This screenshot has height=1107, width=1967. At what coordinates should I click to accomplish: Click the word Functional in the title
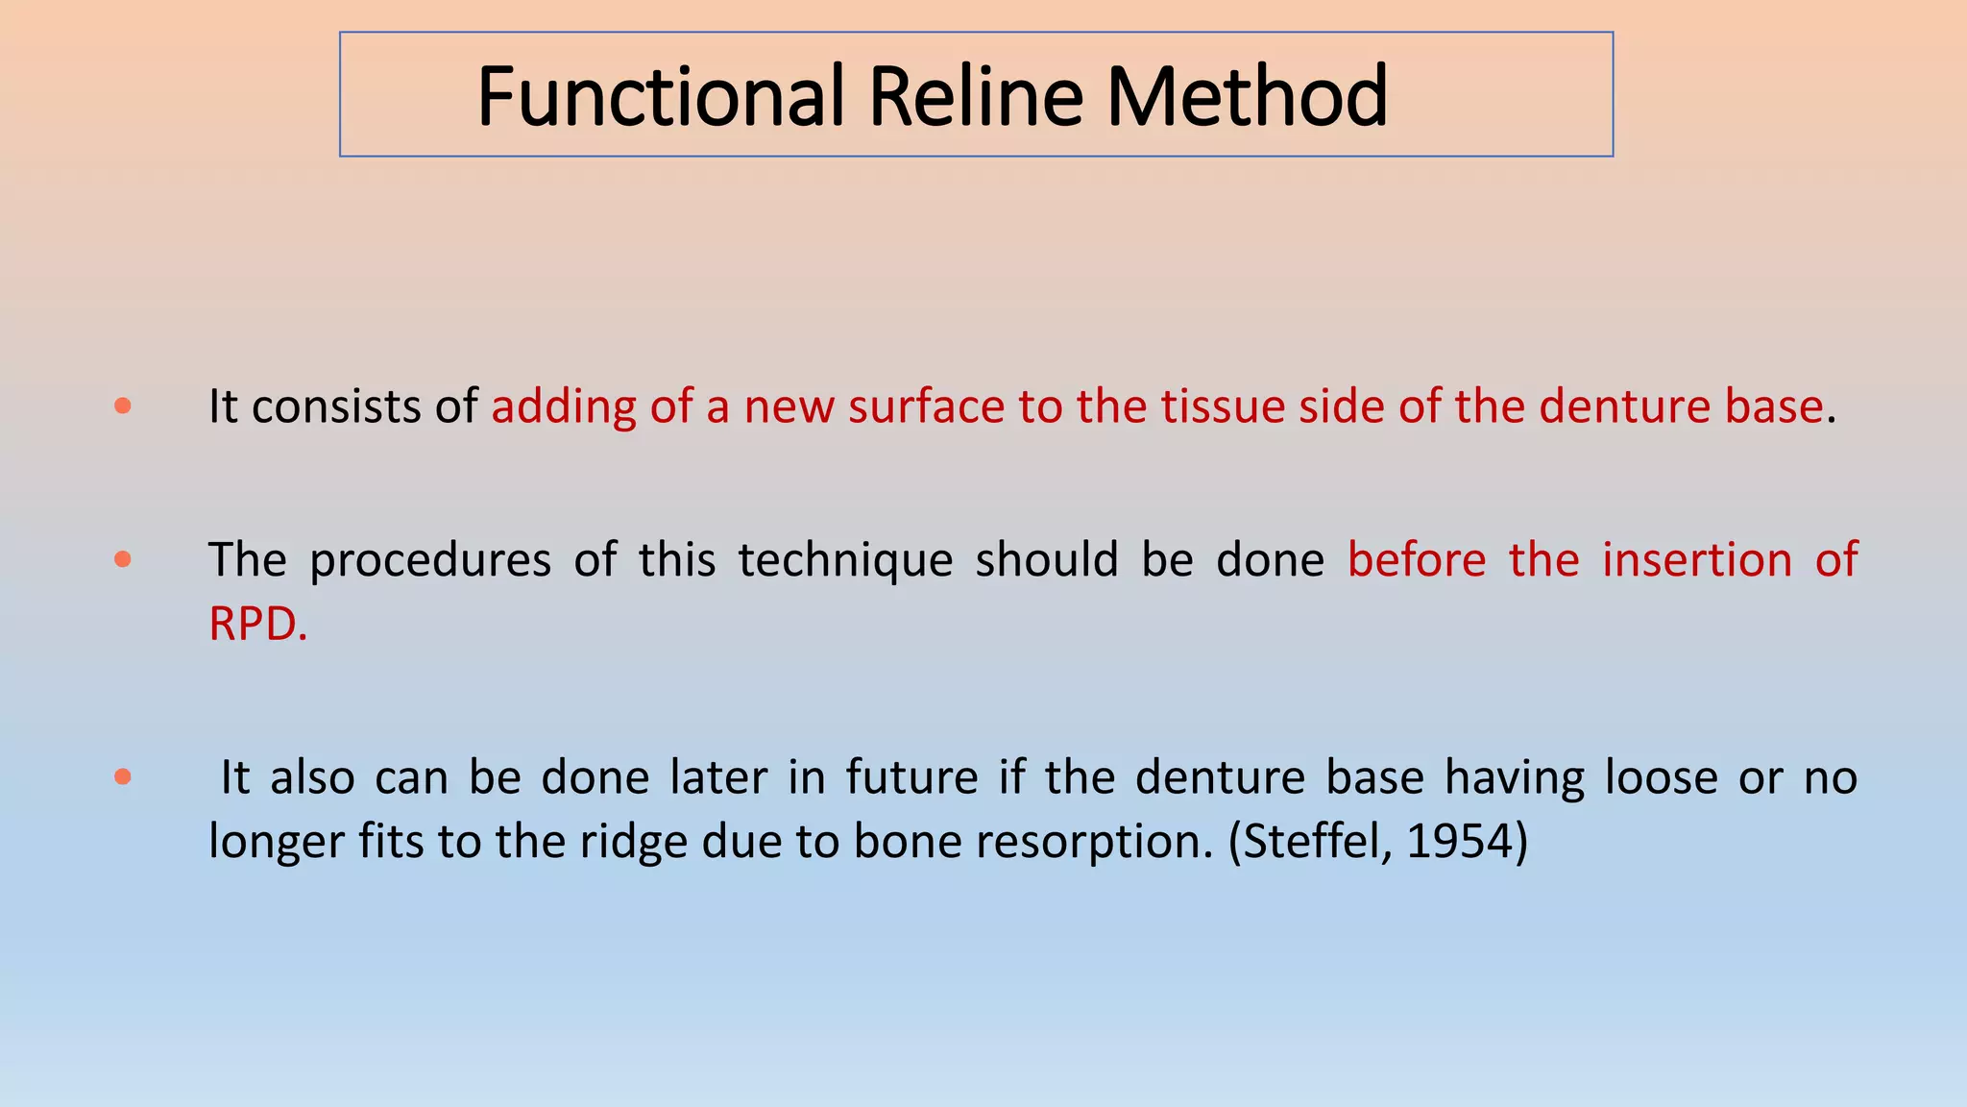661,96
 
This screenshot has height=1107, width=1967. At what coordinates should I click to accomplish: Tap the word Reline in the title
976,96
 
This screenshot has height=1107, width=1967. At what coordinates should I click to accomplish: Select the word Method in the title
1247,96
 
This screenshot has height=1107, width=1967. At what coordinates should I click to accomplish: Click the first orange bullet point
122,406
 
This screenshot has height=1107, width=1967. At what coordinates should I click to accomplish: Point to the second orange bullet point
122,559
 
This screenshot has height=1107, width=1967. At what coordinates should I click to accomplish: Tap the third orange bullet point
122,776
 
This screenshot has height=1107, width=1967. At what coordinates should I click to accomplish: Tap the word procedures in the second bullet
430,561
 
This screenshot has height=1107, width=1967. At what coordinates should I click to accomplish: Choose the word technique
845,561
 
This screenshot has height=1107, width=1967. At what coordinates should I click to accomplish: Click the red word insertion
1696,559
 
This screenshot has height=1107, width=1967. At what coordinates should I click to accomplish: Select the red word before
1417,559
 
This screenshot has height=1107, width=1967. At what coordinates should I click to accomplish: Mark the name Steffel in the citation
1314,842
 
